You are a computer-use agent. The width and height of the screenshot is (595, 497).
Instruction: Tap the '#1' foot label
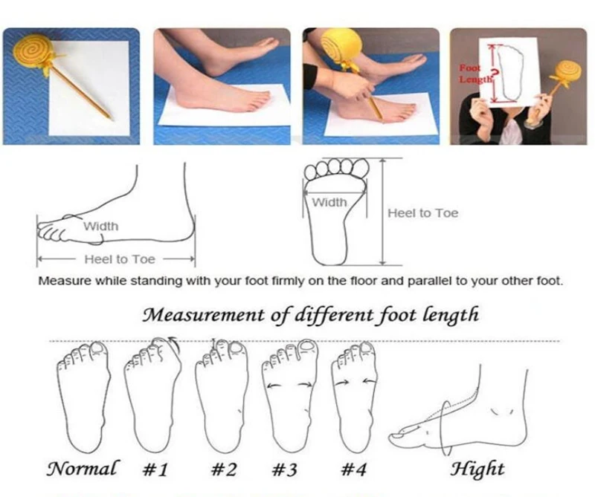click(155, 470)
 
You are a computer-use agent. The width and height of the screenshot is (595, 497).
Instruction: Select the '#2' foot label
click(224, 470)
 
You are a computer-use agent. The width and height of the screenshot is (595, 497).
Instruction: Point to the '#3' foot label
click(284, 470)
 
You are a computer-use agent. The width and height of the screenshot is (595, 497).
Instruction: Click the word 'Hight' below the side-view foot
click(477, 470)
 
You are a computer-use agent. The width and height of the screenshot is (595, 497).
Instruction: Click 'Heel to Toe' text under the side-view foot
click(120, 259)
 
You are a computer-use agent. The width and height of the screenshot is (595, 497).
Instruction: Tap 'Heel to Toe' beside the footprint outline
click(422, 213)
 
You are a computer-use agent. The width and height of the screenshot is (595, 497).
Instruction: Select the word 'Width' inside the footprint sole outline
click(329, 202)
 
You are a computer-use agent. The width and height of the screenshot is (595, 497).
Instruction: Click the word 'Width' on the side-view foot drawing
click(100, 227)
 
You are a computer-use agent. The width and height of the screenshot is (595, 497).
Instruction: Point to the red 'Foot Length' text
click(471, 74)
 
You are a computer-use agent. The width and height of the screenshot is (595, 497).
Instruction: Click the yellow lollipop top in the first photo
click(31, 51)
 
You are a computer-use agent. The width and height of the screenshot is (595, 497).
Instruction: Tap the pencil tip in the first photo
click(113, 119)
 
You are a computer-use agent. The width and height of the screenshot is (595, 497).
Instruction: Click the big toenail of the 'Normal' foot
click(98, 348)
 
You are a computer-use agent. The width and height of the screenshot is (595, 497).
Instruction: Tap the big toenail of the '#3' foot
click(306, 345)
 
